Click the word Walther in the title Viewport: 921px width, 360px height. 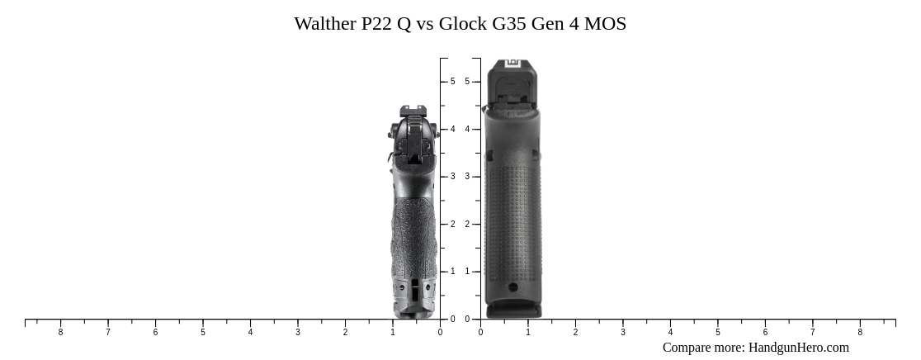[x=325, y=24]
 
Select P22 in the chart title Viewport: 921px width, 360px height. [x=377, y=24]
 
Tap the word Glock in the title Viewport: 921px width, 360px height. [x=462, y=24]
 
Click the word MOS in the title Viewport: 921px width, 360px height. [x=605, y=24]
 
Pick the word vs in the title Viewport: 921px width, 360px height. [x=424, y=24]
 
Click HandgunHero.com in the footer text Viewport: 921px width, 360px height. [x=798, y=348]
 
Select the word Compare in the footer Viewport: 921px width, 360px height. [x=689, y=348]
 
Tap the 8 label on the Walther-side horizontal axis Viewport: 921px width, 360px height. [x=60, y=333]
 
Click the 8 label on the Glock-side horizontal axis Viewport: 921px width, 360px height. [x=860, y=333]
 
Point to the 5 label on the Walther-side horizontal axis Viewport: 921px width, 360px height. [x=203, y=333]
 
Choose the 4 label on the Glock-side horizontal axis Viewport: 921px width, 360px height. [x=670, y=333]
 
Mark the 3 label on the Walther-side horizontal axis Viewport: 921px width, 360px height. [x=298, y=333]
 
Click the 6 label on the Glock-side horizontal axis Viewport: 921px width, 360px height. [x=765, y=333]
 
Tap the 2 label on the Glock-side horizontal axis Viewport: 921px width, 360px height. [x=575, y=333]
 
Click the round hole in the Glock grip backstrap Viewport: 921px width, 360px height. [x=513, y=287]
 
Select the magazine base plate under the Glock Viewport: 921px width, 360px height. [x=513, y=311]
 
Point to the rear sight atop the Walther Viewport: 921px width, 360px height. [x=413, y=111]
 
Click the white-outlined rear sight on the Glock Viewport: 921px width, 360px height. [x=512, y=64]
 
